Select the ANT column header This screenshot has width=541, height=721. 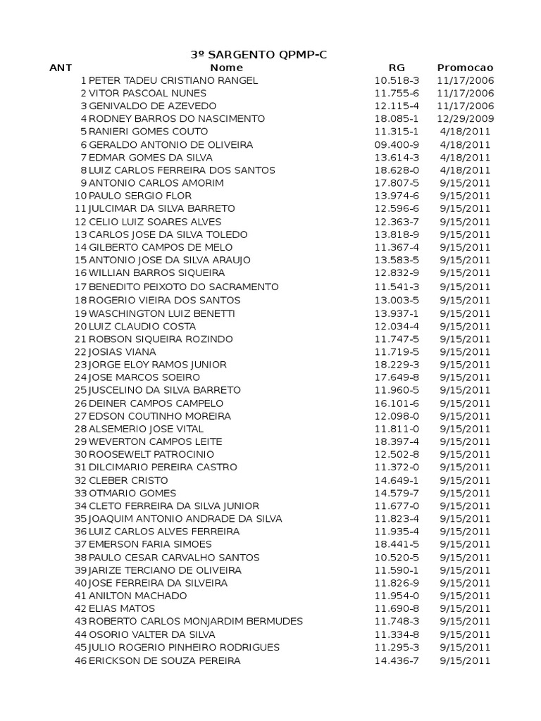[x=61, y=68]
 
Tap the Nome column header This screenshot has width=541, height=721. [x=226, y=68]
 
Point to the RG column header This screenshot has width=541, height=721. [x=397, y=68]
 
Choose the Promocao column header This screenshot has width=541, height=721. [x=465, y=68]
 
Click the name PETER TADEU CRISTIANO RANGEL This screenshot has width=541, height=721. [x=173, y=80]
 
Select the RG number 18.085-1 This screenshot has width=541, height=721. [x=397, y=119]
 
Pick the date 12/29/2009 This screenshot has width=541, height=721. [x=465, y=119]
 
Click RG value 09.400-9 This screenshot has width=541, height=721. [x=397, y=144]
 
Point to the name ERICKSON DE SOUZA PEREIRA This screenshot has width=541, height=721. [x=164, y=660]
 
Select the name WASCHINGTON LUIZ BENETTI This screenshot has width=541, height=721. [x=162, y=313]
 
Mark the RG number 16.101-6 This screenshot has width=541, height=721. [x=397, y=403]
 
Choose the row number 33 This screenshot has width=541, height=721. [x=80, y=493]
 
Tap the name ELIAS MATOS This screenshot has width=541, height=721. [x=122, y=608]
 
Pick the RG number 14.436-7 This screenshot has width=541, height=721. [x=397, y=660]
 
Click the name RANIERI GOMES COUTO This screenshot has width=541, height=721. [x=149, y=132]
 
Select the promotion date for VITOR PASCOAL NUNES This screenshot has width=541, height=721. [x=465, y=93]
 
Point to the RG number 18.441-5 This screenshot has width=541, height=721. [x=397, y=544]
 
